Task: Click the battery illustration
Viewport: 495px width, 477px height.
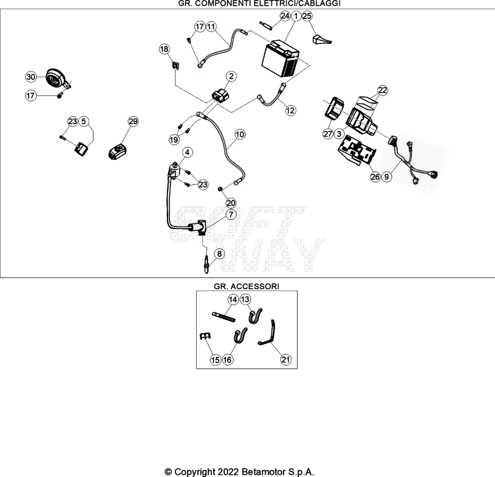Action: pyautogui.click(x=280, y=58)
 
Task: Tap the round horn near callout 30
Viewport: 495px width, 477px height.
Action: pyautogui.click(x=56, y=78)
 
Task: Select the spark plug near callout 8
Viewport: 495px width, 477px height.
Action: pyautogui.click(x=206, y=265)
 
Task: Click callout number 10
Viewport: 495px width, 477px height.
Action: pyautogui.click(x=240, y=134)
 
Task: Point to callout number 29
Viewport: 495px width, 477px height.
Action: pyautogui.click(x=133, y=121)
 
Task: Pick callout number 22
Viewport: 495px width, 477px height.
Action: pyautogui.click(x=382, y=90)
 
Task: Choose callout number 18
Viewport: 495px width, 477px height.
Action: pyautogui.click(x=164, y=49)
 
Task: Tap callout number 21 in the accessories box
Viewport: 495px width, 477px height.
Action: pyautogui.click(x=286, y=359)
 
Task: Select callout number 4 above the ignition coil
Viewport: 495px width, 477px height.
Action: pyautogui.click(x=187, y=152)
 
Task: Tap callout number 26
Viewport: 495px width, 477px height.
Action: pyautogui.click(x=375, y=177)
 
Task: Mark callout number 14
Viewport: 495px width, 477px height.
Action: pyautogui.click(x=233, y=299)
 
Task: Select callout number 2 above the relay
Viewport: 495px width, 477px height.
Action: pyautogui.click(x=232, y=76)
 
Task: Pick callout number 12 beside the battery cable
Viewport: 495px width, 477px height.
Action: pyautogui.click(x=290, y=111)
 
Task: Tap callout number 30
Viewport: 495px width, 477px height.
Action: pyautogui.click(x=30, y=77)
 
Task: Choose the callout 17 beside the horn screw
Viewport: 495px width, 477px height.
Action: pyautogui.click(x=30, y=96)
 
